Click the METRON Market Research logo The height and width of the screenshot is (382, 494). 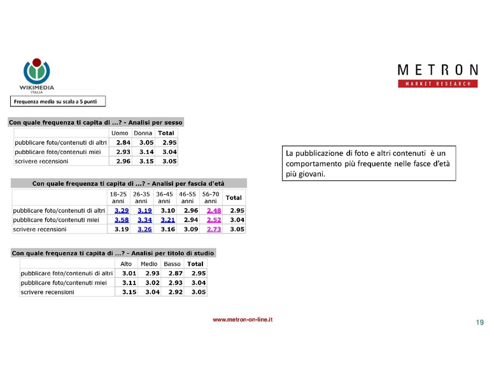click(437, 75)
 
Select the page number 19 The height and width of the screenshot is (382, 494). click(479, 323)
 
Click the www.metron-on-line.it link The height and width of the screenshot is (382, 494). click(243, 320)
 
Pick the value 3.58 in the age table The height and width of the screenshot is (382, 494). click(122, 220)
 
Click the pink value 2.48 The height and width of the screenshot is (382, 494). click(214, 210)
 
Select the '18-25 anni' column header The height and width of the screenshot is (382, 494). click(118, 197)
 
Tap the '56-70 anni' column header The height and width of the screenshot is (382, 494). click(210, 197)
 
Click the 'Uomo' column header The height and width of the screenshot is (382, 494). click(120, 133)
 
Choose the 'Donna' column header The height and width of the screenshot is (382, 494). click(143, 133)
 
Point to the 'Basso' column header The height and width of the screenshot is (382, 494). click(172, 264)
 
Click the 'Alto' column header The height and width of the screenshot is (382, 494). click(126, 264)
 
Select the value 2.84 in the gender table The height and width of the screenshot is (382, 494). click(123, 143)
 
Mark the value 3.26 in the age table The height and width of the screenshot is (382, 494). click(145, 229)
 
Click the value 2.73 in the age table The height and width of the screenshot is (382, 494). click(214, 229)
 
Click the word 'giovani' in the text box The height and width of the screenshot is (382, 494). click(311, 173)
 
